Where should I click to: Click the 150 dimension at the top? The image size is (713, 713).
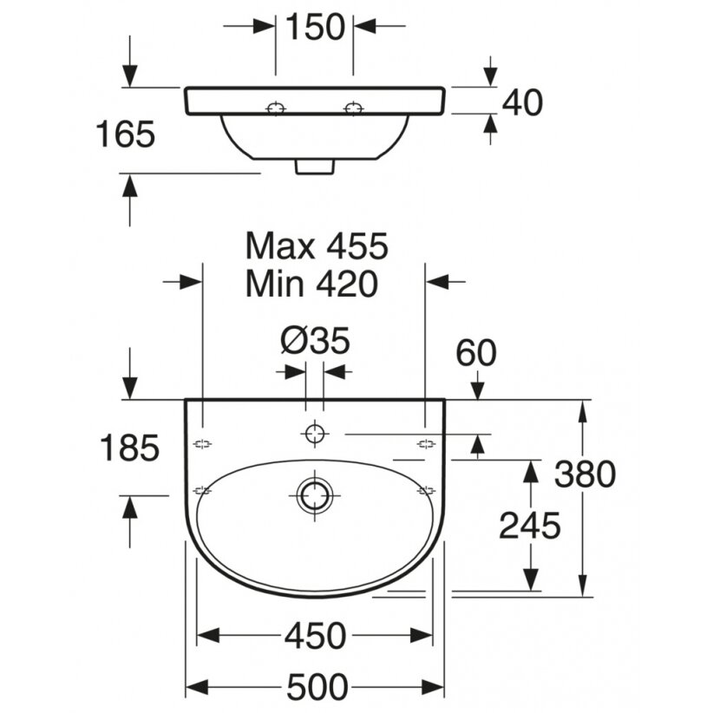315,27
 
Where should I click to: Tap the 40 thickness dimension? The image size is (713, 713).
522,102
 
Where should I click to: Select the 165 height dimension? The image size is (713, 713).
126,134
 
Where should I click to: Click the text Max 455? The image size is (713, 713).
317,246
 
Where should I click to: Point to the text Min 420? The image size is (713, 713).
311,284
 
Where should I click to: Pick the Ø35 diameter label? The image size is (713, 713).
315,340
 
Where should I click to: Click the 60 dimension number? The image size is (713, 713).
476,353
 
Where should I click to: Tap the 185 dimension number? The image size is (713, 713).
129,448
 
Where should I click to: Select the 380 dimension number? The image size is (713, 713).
585,474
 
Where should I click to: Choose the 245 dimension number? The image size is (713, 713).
530,526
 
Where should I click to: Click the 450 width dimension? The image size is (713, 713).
316,636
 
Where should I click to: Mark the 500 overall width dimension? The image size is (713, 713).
317,687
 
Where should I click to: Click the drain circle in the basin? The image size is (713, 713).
314,495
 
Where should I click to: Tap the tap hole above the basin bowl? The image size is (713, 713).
315,433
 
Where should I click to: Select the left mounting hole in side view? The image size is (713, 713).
276,108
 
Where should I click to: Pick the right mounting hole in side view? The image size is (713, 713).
353,108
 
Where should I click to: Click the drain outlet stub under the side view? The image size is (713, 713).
315,167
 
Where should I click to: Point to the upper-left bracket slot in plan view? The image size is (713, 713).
203,444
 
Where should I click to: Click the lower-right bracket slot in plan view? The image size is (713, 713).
426,491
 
